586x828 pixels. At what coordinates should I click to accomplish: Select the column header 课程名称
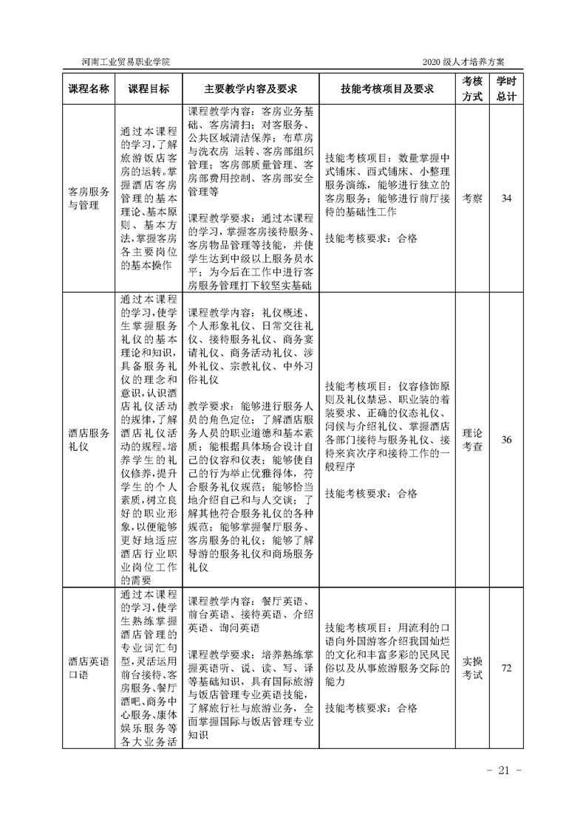coord(89,89)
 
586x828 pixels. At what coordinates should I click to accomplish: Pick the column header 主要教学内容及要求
coord(251,89)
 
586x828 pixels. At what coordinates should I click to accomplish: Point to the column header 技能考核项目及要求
coord(387,89)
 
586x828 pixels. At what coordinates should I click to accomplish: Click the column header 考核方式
coord(472,89)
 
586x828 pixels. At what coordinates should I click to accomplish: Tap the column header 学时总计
coord(507,89)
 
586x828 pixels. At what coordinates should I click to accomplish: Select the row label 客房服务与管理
coord(89,198)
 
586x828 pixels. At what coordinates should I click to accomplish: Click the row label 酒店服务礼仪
coord(89,441)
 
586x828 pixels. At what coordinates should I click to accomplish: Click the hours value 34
coord(506,198)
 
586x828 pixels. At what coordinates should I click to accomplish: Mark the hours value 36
coord(506,441)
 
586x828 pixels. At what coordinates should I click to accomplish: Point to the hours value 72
coord(506,668)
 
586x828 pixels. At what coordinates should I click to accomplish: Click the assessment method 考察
coord(472,198)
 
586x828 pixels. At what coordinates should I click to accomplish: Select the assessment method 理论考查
coord(472,441)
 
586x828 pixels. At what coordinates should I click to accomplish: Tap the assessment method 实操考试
coord(472,668)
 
